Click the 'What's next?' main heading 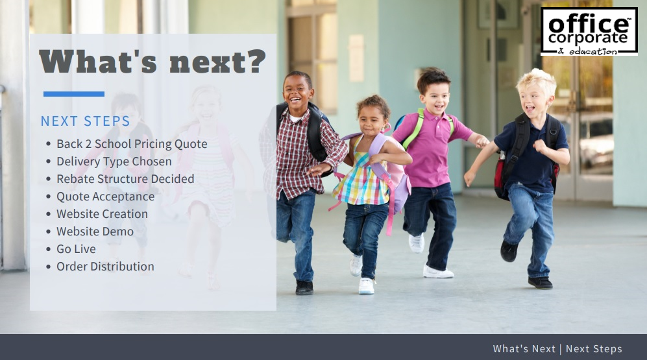[x=153, y=62]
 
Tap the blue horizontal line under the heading [x=74, y=94]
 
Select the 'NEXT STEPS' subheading [x=86, y=121]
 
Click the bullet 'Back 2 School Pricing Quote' [x=132, y=144]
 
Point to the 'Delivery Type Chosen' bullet [x=114, y=162]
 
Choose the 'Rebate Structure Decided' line [x=125, y=179]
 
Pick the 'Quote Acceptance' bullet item [x=105, y=197]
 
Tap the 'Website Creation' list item [x=102, y=214]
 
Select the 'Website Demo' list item [x=95, y=232]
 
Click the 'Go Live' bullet [x=76, y=249]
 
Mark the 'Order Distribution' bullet [x=105, y=267]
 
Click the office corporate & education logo [x=589, y=31]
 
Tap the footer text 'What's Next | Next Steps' [x=557, y=349]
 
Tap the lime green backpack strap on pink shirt [x=414, y=128]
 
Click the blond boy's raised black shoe [x=508, y=251]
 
